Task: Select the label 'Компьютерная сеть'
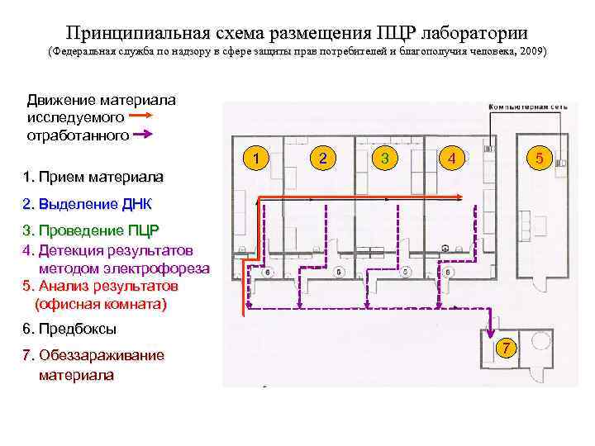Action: click(529, 107)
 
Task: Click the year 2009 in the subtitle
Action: click(530, 52)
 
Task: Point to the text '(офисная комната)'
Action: click(100, 304)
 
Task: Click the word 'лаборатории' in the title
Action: click(474, 32)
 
